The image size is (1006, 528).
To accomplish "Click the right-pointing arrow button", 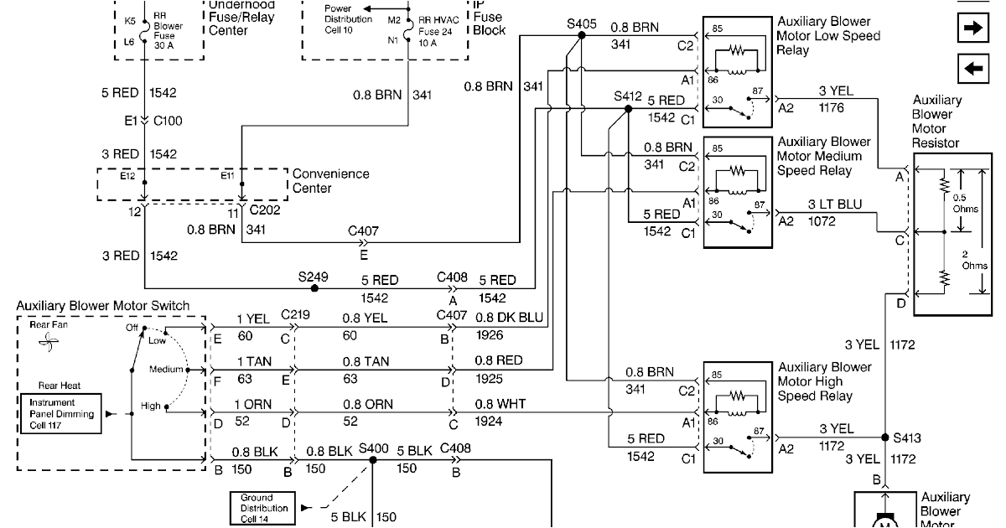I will click(x=973, y=28).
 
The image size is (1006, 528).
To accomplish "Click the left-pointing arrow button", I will click(x=973, y=70).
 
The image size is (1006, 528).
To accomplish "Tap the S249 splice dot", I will click(x=314, y=287).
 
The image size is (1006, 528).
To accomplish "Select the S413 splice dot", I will click(x=885, y=437).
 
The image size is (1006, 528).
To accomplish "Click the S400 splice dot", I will click(x=374, y=460).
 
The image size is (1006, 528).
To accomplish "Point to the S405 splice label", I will click(x=581, y=24).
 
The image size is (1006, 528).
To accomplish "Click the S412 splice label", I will click(x=627, y=96).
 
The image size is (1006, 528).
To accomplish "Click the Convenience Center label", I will click(x=330, y=181).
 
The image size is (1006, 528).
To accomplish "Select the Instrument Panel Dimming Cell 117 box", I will click(x=57, y=414).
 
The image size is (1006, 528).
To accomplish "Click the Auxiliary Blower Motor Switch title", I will click(x=103, y=306).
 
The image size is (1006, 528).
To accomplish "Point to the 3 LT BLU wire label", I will click(x=835, y=204).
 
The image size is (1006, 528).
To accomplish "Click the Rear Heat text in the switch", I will click(x=59, y=386).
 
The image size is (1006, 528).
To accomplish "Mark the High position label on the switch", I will click(x=150, y=406).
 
